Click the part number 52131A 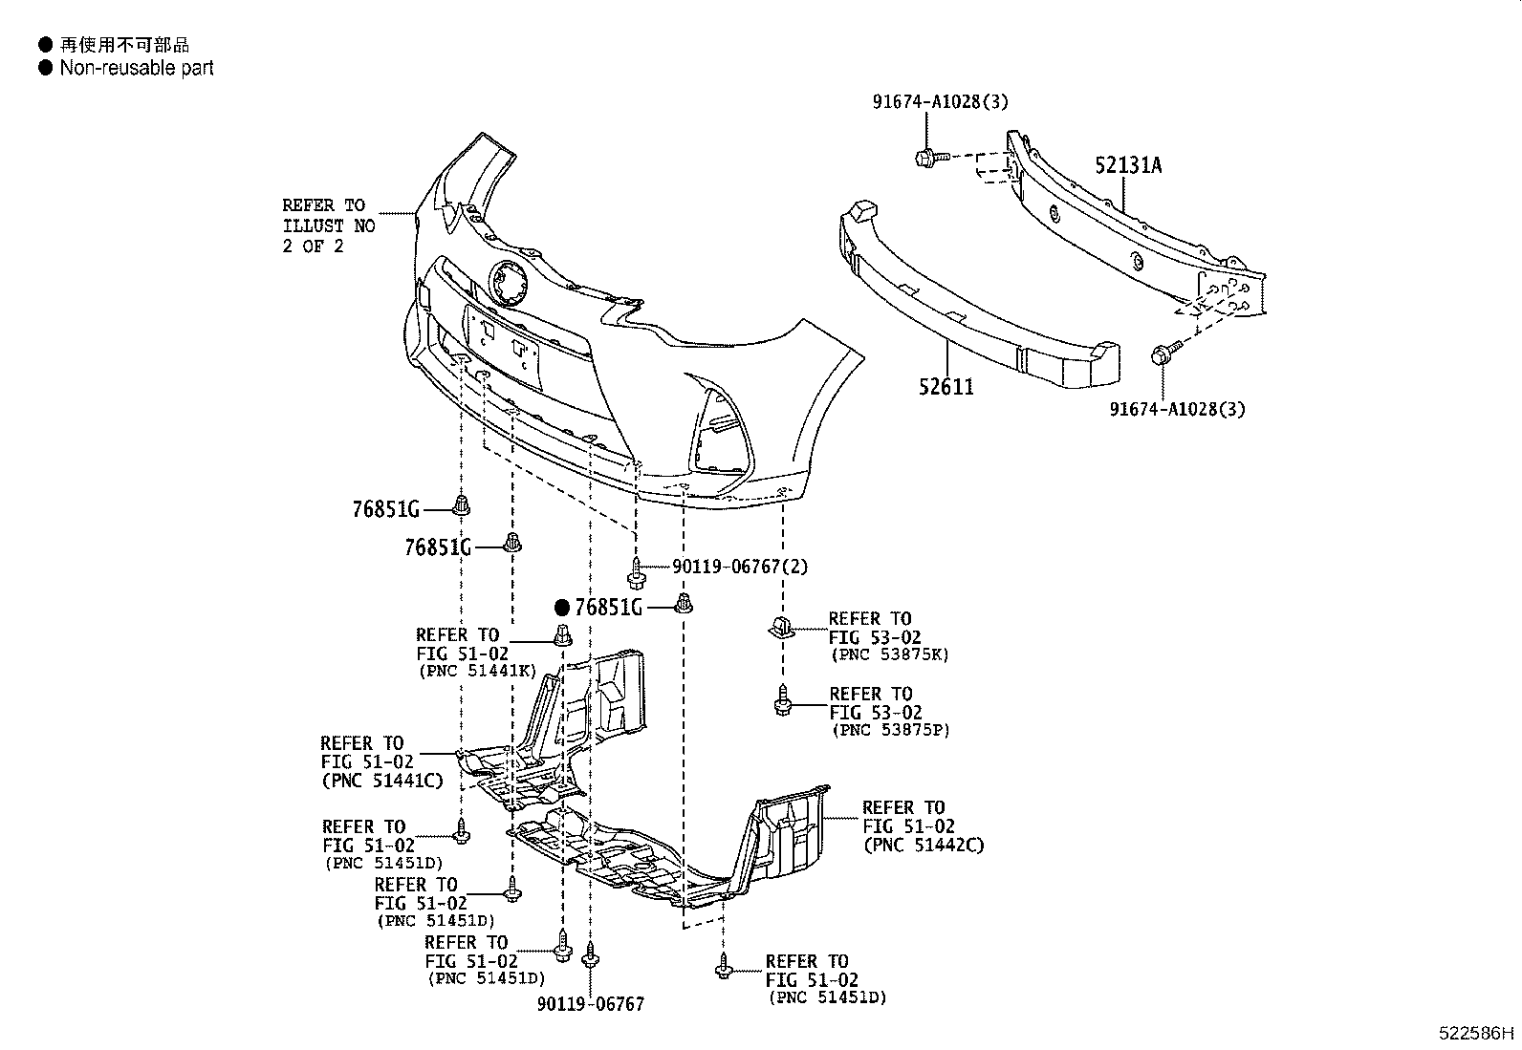click(x=1128, y=165)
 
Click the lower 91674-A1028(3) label click(x=1177, y=410)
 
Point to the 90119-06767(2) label click(x=739, y=567)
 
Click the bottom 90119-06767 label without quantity click(x=590, y=1004)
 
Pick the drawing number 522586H click(x=1477, y=1033)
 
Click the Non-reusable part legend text click(x=137, y=68)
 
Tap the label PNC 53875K click(x=889, y=654)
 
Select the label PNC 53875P click(x=890, y=730)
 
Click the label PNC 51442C click(x=923, y=845)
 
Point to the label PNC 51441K click(x=477, y=671)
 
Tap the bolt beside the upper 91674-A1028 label click(x=928, y=156)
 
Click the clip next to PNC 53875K click(x=780, y=629)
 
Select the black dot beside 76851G click(x=562, y=608)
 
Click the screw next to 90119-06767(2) click(x=636, y=575)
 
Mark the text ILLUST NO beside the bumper click(x=329, y=226)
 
